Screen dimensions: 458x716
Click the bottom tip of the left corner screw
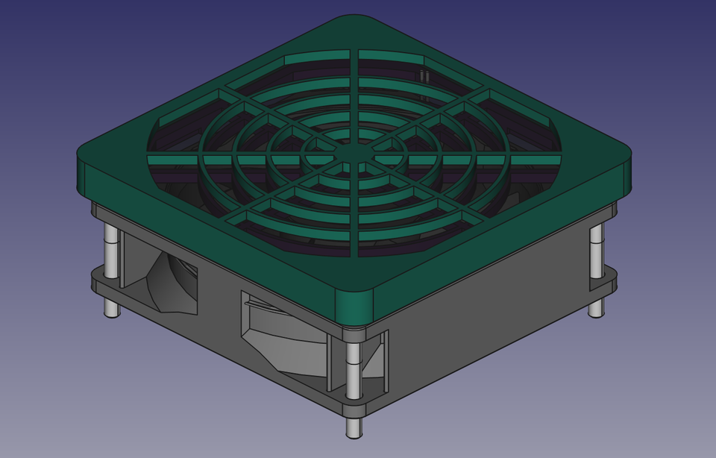pyautogui.click(x=112, y=310)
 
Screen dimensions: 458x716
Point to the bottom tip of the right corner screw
pyautogui.click(x=596, y=310)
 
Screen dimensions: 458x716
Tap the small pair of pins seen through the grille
pyautogui.click(x=424, y=76)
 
